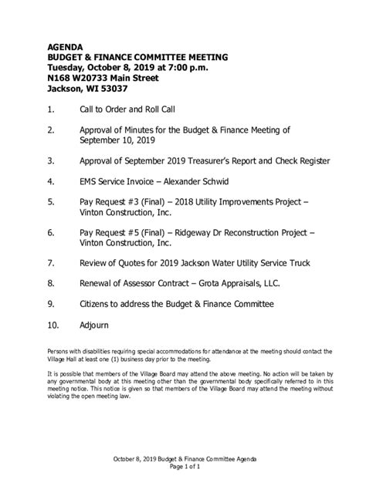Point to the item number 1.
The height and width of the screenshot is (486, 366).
pos(50,110)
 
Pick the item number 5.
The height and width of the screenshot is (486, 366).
pos(50,204)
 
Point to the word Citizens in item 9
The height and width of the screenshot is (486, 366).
pos(97,304)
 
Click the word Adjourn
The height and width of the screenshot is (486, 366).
pos(94,326)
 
